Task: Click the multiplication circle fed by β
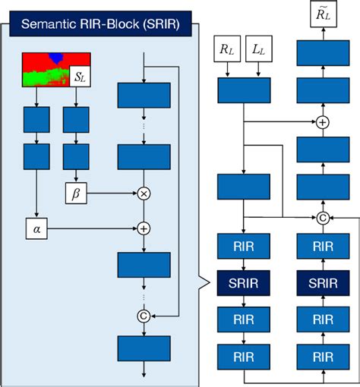(142, 193)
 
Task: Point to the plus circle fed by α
(142, 226)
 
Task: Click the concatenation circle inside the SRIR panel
(142, 315)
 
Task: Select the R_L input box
(228, 52)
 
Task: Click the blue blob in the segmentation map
(55, 58)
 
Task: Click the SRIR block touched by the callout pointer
(243, 282)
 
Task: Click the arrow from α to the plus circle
(91, 226)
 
